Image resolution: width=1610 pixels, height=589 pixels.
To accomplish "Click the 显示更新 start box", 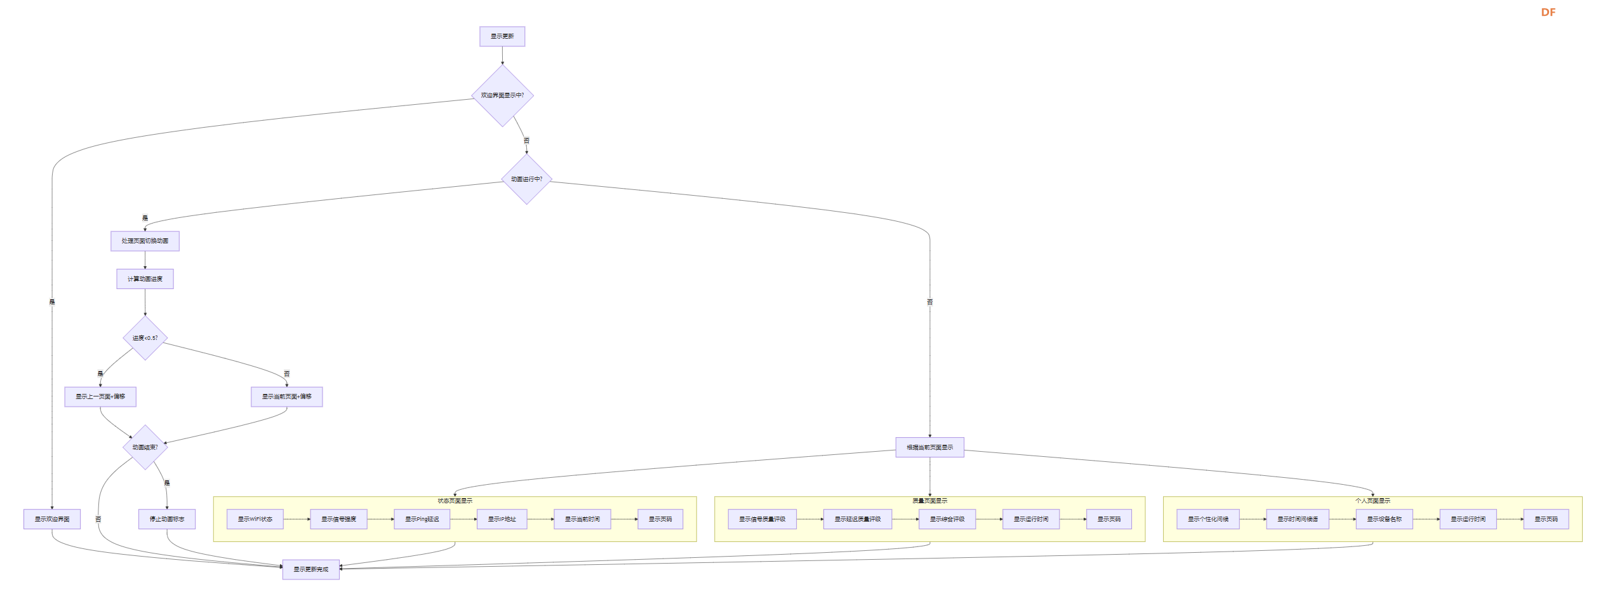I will click(x=502, y=36).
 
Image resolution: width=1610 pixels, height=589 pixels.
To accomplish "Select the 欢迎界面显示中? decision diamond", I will click(x=502, y=95).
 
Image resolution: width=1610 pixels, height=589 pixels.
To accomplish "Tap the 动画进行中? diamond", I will click(x=526, y=179).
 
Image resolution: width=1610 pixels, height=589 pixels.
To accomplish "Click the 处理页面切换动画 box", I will click(x=145, y=241).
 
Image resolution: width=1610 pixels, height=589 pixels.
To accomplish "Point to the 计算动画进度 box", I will click(x=145, y=279).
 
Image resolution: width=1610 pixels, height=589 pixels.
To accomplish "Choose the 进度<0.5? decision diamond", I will click(x=145, y=338).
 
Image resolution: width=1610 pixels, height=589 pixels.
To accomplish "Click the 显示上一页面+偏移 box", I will click(x=100, y=396).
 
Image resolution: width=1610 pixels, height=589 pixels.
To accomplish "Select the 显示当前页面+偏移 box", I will click(x=286, y=396).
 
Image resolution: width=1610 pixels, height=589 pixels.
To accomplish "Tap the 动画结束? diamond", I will click(x=145, y=447).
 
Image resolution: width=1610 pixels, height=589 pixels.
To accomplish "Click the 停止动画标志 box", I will click(x=167, y=519).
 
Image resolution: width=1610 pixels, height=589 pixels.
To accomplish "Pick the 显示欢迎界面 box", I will click(x=52, y=519).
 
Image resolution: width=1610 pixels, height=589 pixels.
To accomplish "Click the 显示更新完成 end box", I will click(x=310, y=569).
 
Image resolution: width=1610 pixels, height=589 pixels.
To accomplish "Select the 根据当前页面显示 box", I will click(x=929, y=447).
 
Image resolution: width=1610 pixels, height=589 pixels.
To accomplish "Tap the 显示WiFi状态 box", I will click(x=255, y=519).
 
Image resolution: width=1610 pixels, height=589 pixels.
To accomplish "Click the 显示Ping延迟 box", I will click(x=422, y=519).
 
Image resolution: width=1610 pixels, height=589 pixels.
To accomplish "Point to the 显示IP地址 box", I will click(x=502, y=519).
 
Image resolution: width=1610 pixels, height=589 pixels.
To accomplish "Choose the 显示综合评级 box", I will click(x=947, y=519).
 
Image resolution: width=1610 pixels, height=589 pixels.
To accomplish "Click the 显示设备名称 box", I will click(x=1384, y=519).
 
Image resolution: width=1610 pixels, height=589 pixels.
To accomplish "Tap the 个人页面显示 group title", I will click(x=1372, y=501).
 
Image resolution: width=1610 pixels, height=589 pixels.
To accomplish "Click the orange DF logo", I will click(x=1548, y=12).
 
